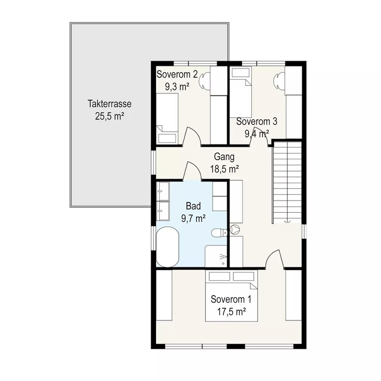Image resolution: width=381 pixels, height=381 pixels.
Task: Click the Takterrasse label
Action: [x=109, y=104]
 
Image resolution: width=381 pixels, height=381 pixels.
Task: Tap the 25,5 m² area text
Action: [x=110, y=116]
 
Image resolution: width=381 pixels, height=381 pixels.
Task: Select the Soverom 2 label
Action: [x=177, y=74]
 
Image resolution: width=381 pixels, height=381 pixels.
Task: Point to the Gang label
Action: [x=224, y=157]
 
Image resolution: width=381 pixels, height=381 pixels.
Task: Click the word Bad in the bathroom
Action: [x=193, y=206]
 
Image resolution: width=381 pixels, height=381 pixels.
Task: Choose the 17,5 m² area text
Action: [x=231, y=311]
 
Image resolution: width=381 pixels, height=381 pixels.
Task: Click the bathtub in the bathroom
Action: [x=168, y=247]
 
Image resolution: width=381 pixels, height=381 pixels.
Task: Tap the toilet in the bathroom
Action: [x=219, y=233]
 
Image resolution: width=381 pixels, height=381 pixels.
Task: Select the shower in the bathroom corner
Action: [x=216, y=256]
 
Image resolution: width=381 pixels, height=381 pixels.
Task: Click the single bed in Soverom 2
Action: [x=167, y=119]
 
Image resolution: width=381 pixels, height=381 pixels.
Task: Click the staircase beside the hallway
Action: [x=287, y=182]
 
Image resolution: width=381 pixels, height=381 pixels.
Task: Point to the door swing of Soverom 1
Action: [x=274, y=260]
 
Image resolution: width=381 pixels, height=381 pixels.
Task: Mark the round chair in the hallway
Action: [x=235, y=229]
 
